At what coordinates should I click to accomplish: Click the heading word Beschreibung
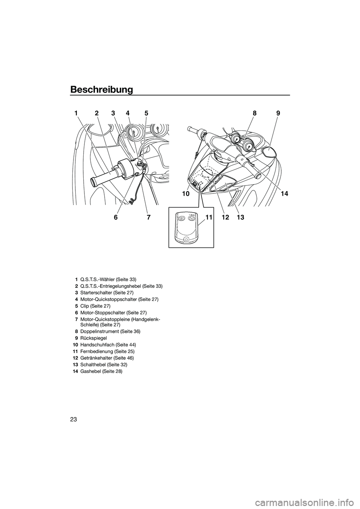click(101, 90)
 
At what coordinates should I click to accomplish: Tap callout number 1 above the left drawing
click(76, 113)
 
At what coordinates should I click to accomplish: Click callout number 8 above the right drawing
click(255, 113)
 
